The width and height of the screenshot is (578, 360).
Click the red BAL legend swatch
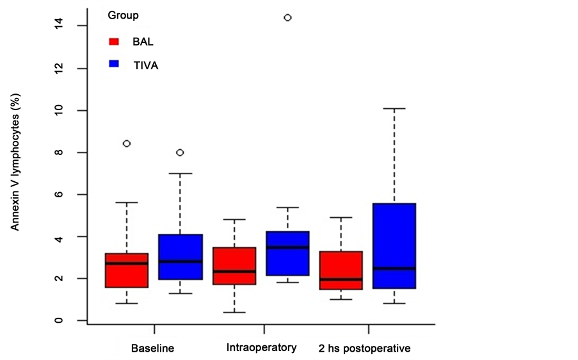(115, 42)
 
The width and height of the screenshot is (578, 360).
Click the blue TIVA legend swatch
(115, 64)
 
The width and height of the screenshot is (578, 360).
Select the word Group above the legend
(124, 14)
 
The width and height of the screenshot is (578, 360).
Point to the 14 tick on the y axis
(58, 25)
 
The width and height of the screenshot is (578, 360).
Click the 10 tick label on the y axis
(58, 110)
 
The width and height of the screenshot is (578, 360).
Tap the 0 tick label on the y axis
(58, 320)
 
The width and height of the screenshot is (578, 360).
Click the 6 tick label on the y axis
(58, 194)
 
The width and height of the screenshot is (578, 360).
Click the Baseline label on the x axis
(152, 349)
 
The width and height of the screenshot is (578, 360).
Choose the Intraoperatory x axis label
(261, 348)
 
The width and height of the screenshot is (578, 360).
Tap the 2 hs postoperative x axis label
(364, 349)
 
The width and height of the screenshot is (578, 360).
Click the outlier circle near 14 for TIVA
(287, 18)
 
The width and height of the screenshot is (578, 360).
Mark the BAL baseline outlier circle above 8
(127, 143)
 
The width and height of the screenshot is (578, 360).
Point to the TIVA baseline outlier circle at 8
(181, 152)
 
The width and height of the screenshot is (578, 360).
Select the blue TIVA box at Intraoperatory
(287, 253)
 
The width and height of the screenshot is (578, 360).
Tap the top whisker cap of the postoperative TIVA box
(394, 109)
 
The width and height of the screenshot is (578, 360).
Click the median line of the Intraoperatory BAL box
(234, 271)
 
